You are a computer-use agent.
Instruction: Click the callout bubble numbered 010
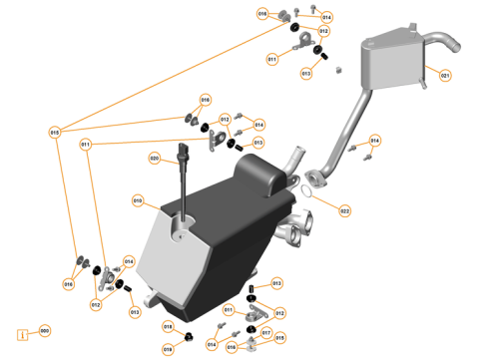coord(137,200)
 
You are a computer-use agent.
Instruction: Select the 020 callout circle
coord(155,159)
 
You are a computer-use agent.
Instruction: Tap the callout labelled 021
coord(444,76)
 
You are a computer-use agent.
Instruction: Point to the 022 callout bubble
coord(344,210)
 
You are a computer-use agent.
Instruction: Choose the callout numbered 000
coord(44,330)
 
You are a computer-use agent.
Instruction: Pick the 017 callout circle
coord(265,332)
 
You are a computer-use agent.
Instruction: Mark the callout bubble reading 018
coord(168,326)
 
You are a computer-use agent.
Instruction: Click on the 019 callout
coord(168,349)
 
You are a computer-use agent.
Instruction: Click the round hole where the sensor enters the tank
coord(180,229)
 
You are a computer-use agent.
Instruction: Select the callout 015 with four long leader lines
coord(54,132)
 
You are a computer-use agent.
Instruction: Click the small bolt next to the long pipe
coord(366,155)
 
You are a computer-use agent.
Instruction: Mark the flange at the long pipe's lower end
coord(317,178)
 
